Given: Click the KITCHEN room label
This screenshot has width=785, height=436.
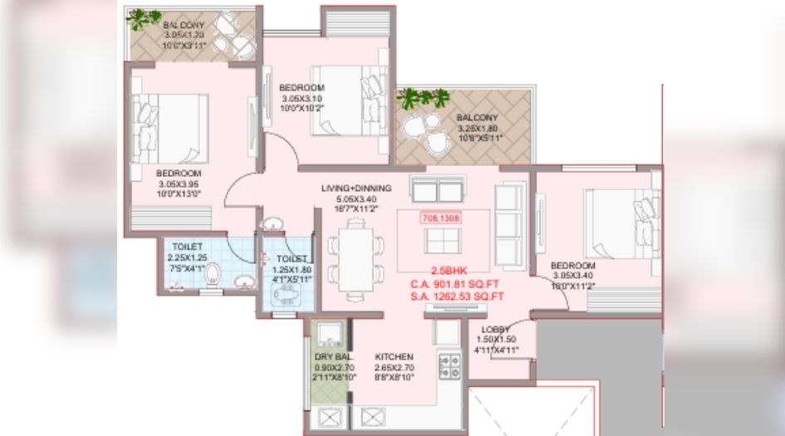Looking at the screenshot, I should tap(394, 357).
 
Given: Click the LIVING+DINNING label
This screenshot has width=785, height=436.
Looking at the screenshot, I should tap(356, 189).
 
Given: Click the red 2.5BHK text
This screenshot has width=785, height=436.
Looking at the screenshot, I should tap(449, 271).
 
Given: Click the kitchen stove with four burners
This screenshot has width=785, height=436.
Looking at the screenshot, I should tap(449, 367).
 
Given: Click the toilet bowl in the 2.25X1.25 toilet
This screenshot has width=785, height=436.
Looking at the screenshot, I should tap(213, 273).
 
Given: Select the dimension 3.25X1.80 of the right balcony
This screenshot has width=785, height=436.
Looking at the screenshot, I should tap(476, 129).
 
